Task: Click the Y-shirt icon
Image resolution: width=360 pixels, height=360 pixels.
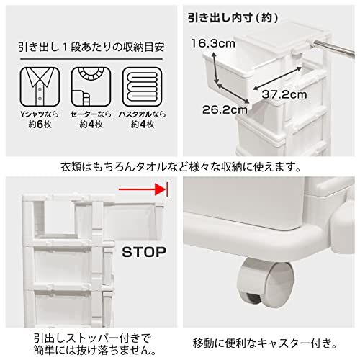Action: pos(40,86)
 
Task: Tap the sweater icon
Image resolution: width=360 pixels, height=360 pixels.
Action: pos(91,86)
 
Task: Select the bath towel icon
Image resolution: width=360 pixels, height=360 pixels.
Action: pos(143,86)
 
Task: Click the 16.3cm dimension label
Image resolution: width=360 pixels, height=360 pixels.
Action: pos(213,44)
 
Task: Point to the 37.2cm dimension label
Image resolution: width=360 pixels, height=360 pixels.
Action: pos(284,94)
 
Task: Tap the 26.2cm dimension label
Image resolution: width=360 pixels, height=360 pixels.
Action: pos(225,110)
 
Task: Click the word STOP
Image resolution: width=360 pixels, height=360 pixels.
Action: pos(144,252)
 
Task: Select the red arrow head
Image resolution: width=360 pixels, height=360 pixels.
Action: pos(161,189)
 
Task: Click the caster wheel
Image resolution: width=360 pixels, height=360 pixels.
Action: pos(265,282)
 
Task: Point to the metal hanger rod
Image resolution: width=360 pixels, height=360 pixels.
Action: pos(334,48)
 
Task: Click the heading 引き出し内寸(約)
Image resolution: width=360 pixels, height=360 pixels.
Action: pos(233,18)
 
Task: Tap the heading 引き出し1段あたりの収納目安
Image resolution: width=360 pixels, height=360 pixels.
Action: pos(91,48)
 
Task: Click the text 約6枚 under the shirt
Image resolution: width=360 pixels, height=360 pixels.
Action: pos(40,125)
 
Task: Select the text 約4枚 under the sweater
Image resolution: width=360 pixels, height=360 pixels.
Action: pos(91,125)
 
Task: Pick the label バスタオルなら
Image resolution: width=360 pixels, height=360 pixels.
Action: pos(143,114)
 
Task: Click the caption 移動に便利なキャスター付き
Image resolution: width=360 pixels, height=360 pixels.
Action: pos(265,343)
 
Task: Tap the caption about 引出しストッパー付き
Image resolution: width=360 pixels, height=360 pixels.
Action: pos(95,344)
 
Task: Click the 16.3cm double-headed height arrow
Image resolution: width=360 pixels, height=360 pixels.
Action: pos(215,68)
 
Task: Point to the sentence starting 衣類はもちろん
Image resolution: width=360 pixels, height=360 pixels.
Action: pos(181,167)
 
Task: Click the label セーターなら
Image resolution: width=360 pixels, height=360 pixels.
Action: pos(91,114)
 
